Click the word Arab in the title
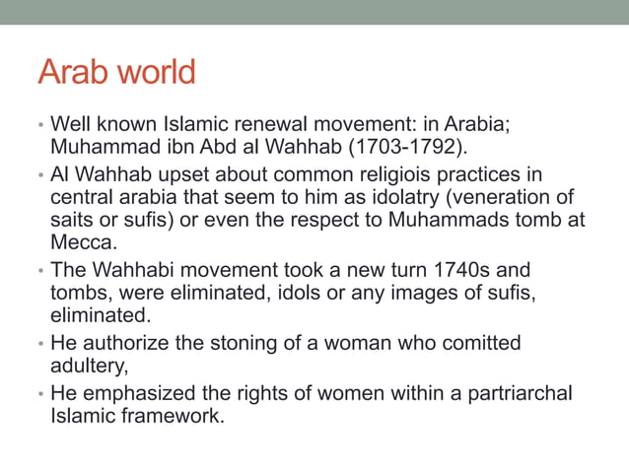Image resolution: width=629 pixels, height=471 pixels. pyautogui.click(x=72, y=73)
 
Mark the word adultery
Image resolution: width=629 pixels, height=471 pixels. pyautogui.click(x=88, y=365)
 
